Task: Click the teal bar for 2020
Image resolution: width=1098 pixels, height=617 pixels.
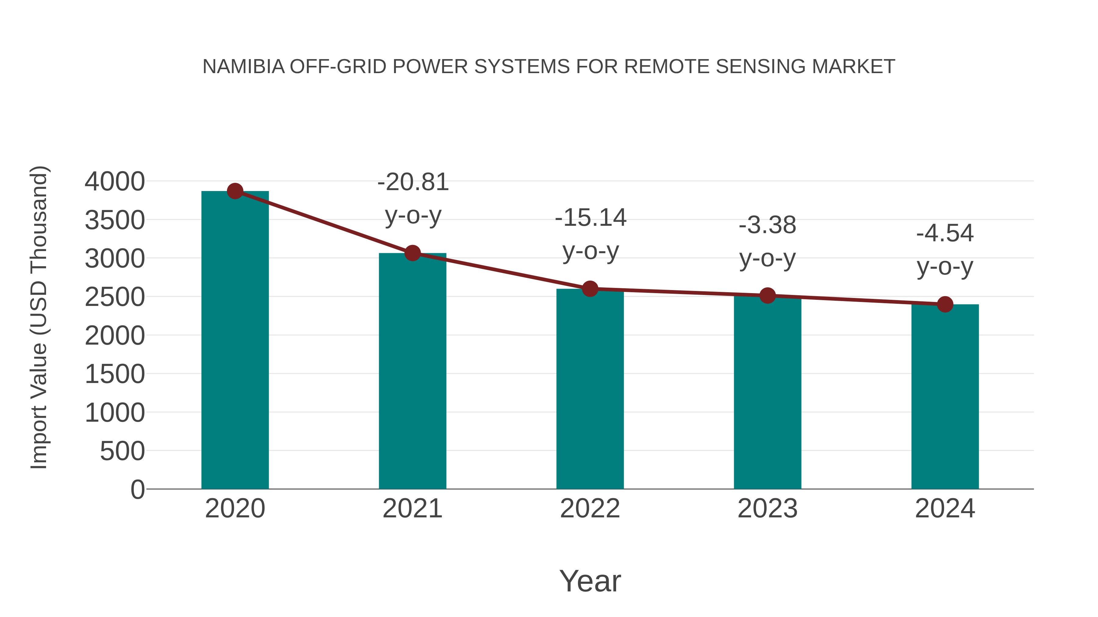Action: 235,341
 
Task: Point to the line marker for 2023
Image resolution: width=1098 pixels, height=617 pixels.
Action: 767,295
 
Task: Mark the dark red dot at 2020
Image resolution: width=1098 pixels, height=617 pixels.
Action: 235,191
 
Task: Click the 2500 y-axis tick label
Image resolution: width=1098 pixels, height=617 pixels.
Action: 115,297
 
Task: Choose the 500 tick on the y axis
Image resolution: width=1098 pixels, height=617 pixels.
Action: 122,451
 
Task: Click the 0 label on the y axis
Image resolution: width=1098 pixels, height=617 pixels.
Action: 138,489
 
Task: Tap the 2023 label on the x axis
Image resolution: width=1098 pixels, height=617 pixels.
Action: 767,509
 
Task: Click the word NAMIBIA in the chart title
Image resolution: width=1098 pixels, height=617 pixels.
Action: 243,66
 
